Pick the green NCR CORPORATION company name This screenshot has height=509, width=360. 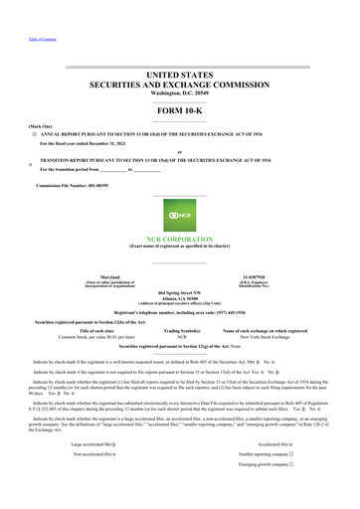180,239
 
